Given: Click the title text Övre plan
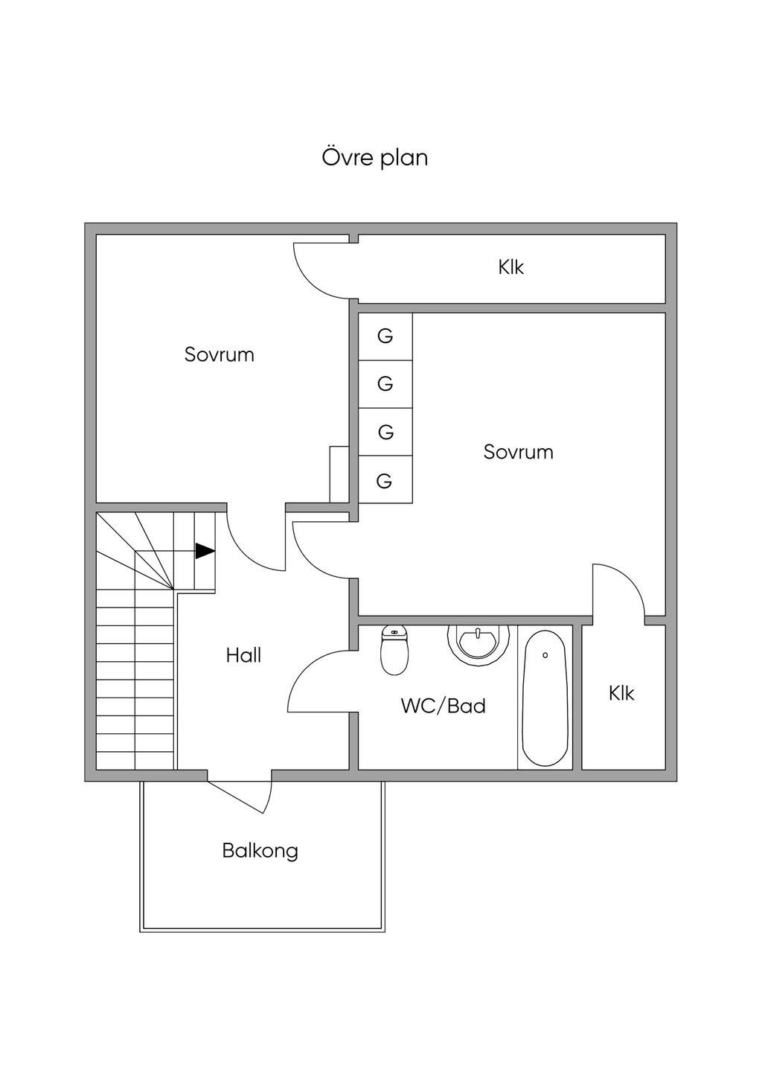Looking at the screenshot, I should (374, 158).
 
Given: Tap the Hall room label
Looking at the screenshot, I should (243, 655).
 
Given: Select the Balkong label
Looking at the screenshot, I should (260, 850).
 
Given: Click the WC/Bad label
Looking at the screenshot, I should (443, 706).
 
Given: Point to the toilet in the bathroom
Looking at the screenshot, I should (394, 649).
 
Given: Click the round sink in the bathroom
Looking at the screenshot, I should (478, 642).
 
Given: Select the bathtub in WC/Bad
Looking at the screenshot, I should (545, 698).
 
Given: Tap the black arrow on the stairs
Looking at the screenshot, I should (205, 551).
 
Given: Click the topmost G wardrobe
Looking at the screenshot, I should (385, 337).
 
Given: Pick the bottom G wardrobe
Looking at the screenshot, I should (385, 481).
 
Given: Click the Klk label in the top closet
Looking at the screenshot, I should (511, 267).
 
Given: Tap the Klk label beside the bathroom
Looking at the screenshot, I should (621, 693).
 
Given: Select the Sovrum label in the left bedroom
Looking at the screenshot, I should (220, 354).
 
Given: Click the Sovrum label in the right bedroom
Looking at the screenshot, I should (518, 452).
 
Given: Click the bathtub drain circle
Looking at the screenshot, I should (545, 655).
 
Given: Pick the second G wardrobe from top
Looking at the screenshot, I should (385, 384).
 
